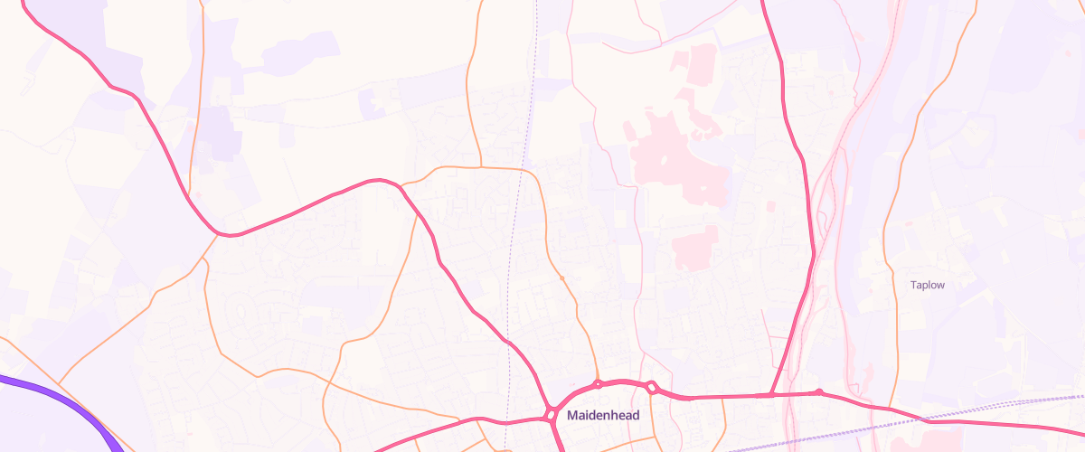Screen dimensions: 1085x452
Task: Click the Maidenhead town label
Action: pyautogui.click(x=602, y=416)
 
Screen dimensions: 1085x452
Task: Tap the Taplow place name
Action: pyautogui.click(x=927, y=285)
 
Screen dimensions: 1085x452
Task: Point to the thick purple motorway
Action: pyautogui.click(x=54, y=395)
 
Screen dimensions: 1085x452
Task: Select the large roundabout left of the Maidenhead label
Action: pyautogui.click(x=551, y=415)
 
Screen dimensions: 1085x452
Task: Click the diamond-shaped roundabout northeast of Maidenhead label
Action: pyautogui.click(x=651, y=388)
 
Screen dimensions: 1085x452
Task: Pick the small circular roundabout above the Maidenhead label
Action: pyautogui.click(x=598, y=384)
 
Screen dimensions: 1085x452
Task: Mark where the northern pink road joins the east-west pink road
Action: pyautogui.click(x=770, y=395)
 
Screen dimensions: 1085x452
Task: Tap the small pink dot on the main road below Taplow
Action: pyautogui.click(x=818, y=391)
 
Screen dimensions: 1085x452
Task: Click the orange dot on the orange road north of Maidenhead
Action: pyautogui.click(x=561, y=278)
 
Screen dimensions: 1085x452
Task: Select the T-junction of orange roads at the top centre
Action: pyautogui.click(x=480, y=167)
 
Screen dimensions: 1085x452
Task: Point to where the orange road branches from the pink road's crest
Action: pyautogui.click(x=401, y=184)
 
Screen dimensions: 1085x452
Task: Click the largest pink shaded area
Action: pyautogui.click(x=678, y=158)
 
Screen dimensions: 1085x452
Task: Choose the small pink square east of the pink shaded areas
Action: pyautogui.click(x=770, y=206)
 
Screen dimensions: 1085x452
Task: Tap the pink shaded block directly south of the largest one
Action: pyautogui.click(x=694, y=246)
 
